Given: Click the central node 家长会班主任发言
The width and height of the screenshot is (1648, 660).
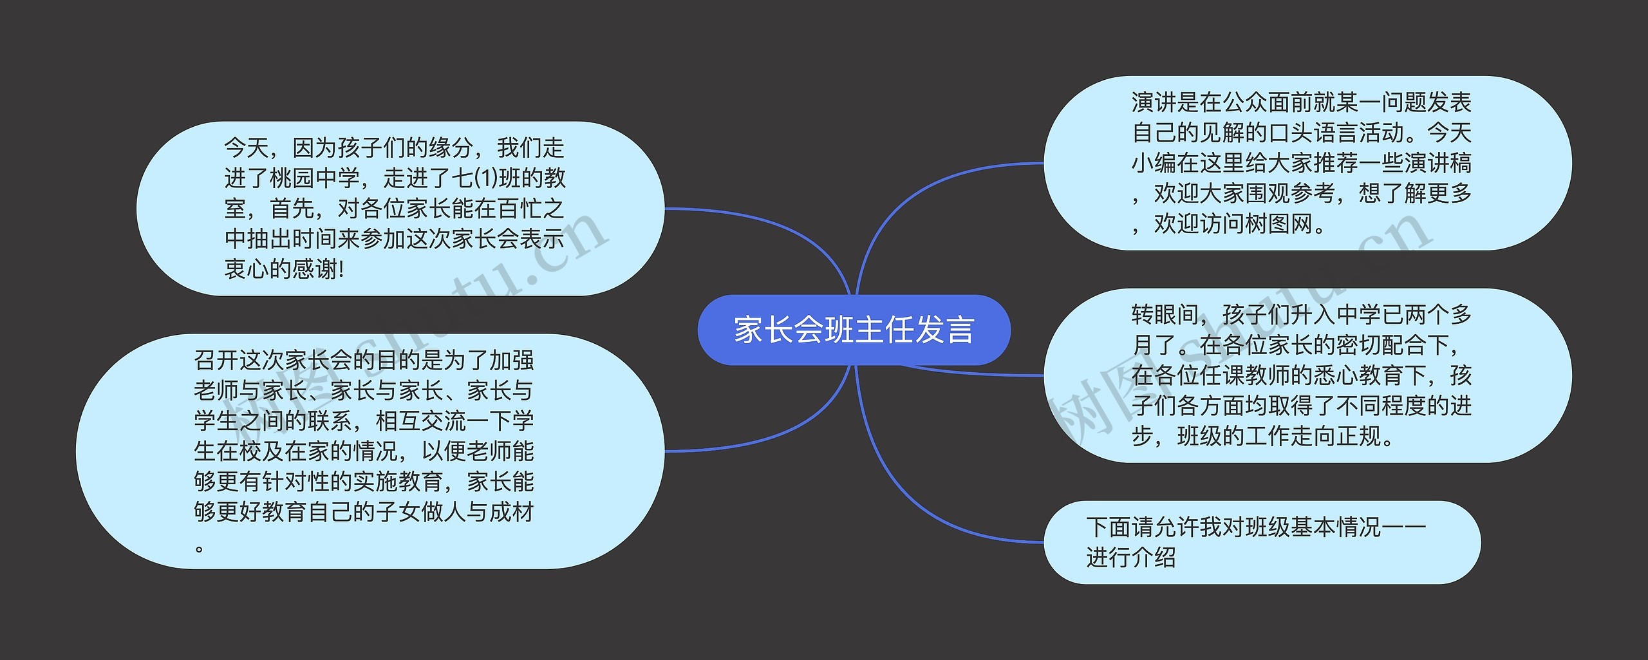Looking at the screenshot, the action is [854, 330].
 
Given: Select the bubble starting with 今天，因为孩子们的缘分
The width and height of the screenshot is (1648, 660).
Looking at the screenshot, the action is [399, 208].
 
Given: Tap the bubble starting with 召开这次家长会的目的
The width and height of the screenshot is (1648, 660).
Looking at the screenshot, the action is [370, 451].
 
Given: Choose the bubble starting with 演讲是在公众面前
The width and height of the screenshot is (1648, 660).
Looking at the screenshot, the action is [1307, 163].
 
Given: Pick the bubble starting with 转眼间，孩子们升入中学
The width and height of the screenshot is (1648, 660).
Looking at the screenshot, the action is [1307, 375].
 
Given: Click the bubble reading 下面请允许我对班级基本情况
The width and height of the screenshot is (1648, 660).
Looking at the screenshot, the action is [1262, 542].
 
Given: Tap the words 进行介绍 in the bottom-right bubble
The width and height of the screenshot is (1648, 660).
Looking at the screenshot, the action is [1131, 558].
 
